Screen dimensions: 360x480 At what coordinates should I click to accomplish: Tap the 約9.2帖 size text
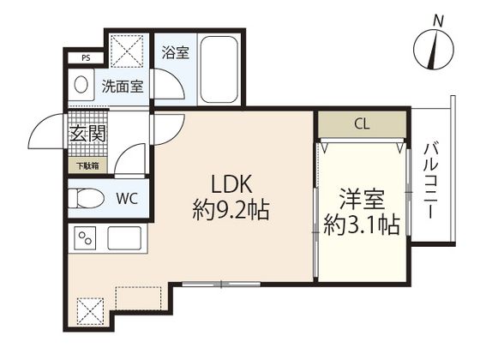point(229,210)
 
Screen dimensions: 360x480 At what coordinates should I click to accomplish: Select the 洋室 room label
point(363,199)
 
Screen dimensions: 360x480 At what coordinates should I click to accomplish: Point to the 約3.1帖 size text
point(363,226)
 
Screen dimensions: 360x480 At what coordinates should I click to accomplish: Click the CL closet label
point(362,123)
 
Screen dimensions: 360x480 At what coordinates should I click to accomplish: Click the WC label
point(127,199)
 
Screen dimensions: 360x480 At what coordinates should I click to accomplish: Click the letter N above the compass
point(438,19)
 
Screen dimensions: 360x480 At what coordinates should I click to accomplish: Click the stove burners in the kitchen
point(86,237)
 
